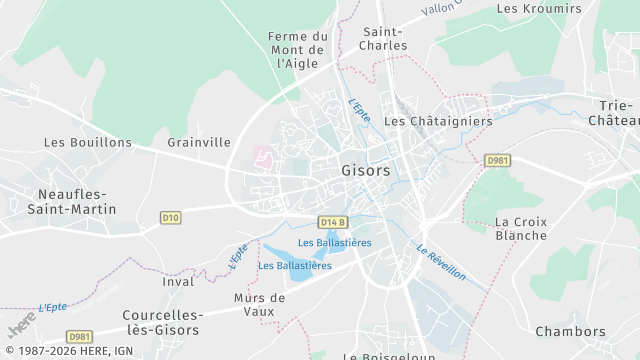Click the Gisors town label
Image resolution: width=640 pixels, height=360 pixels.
pyautogui.click(x=365, y=171)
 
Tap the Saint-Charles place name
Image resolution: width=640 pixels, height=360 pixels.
pyautogui.click(x=385, y=39)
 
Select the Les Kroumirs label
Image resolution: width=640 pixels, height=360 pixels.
pyautogui.click(x=539, y=9)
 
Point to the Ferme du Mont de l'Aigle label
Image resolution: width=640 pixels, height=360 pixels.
pyautogui.click(x=297, y=50)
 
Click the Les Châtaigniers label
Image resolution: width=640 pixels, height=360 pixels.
pyautogui.click(x=438, y=121)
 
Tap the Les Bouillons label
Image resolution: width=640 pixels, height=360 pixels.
pyautogui.click(x=88, y=143)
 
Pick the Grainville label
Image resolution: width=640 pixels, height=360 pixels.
pyautogui.click(x=199, y=143)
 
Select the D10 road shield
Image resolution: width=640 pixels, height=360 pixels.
pyautogui.click(x=170, y=217)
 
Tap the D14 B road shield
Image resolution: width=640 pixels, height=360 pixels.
pyautogui.click(x=334, y=222)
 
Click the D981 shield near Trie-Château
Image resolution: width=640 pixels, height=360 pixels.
pyautogui.click(x=497, y=160)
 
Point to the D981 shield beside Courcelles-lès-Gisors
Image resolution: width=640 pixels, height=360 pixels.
pyautogui.click(x=80, y=337)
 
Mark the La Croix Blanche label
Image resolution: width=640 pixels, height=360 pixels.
pyautogui.click(x=521, y=229)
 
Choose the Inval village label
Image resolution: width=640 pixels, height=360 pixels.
pyautogui.click(x=178, y=282)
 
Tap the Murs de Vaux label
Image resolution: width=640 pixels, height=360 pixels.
pyautogui.click(x=259, y=304)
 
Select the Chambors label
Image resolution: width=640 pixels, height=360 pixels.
pyautogui.click(x=570, y=332)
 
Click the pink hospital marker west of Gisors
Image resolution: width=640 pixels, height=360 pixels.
pyautogui.click(x=264, y=158)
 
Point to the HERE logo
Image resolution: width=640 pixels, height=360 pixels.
pyautogui.click(x=22, y=325)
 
